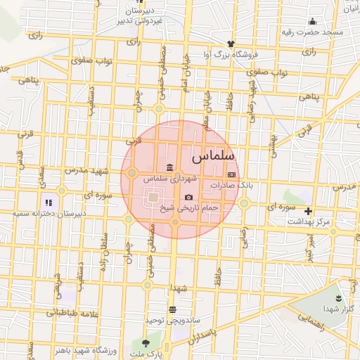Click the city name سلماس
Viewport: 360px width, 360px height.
click(212, 153)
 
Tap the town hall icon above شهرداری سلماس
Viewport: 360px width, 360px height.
click(169, 167)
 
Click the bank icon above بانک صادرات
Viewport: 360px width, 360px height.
click(231, 174)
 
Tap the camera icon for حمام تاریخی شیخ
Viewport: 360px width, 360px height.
click(188, 197)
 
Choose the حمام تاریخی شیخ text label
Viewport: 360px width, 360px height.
click(188, 208)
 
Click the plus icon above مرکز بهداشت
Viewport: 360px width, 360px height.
click(307, 211)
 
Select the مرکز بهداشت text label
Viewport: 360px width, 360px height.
click(308, 221)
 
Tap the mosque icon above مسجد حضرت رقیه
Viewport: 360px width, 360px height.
click(312, 22)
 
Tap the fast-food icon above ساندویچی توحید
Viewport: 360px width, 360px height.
click(172, 309)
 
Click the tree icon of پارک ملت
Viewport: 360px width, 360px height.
click(146, 343)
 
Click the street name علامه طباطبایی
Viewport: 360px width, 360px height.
click(70, 313)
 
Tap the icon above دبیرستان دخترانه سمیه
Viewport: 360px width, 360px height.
click(48, 202)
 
